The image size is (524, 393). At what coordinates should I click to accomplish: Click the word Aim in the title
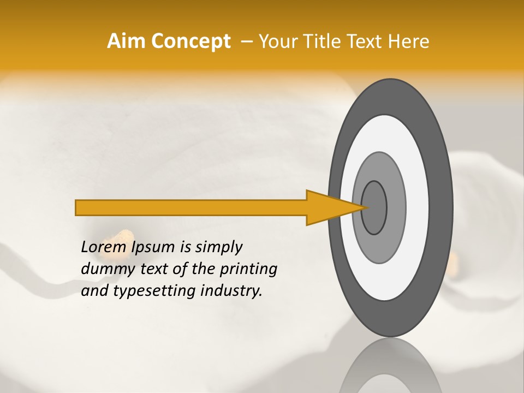(126, 41)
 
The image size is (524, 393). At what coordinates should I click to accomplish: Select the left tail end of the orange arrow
(78, 207)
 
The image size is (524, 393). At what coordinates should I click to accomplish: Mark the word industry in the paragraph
(231, 291)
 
